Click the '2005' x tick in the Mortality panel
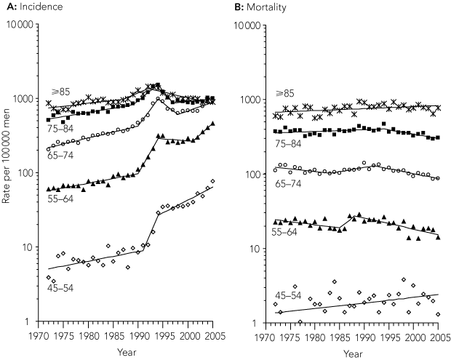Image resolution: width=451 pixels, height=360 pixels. (439, 337)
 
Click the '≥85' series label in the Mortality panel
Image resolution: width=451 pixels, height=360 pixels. (284, 95)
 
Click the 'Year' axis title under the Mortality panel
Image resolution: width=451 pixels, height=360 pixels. (353, 353)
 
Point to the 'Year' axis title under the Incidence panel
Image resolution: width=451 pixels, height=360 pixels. (127, 353)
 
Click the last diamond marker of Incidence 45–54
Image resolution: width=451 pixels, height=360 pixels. (212, 181)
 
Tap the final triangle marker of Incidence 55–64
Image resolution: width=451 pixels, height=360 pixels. (212, 124)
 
